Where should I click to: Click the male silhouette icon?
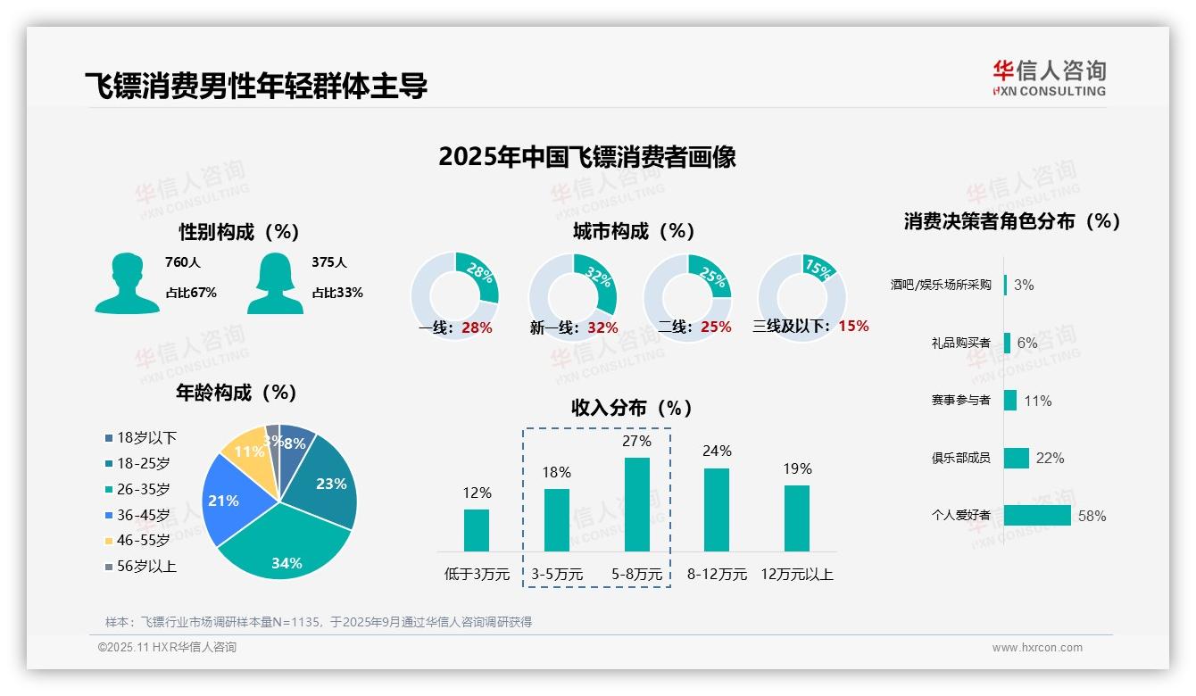click(127, 283)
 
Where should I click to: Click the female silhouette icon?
click(275, 283)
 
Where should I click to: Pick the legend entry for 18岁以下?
click(141, 437)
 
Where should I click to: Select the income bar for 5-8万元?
click(636, 504)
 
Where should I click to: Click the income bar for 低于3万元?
click(477, 530)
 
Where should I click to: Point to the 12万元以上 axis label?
click(796, 574)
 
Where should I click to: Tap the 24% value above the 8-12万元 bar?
click(717, 451)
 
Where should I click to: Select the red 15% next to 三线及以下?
click(853, 326)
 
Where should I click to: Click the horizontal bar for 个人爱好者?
click(1037, 515)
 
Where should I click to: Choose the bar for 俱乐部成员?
click(1017, 458)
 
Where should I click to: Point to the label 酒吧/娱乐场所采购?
click(940, 285)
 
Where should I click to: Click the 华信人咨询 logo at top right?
click(1049, 78)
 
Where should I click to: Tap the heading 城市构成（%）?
click(634, 231)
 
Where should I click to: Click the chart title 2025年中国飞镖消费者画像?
click(587, 157)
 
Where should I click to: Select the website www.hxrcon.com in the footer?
click(1037, 648)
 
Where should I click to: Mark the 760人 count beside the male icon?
click(183, 262)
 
